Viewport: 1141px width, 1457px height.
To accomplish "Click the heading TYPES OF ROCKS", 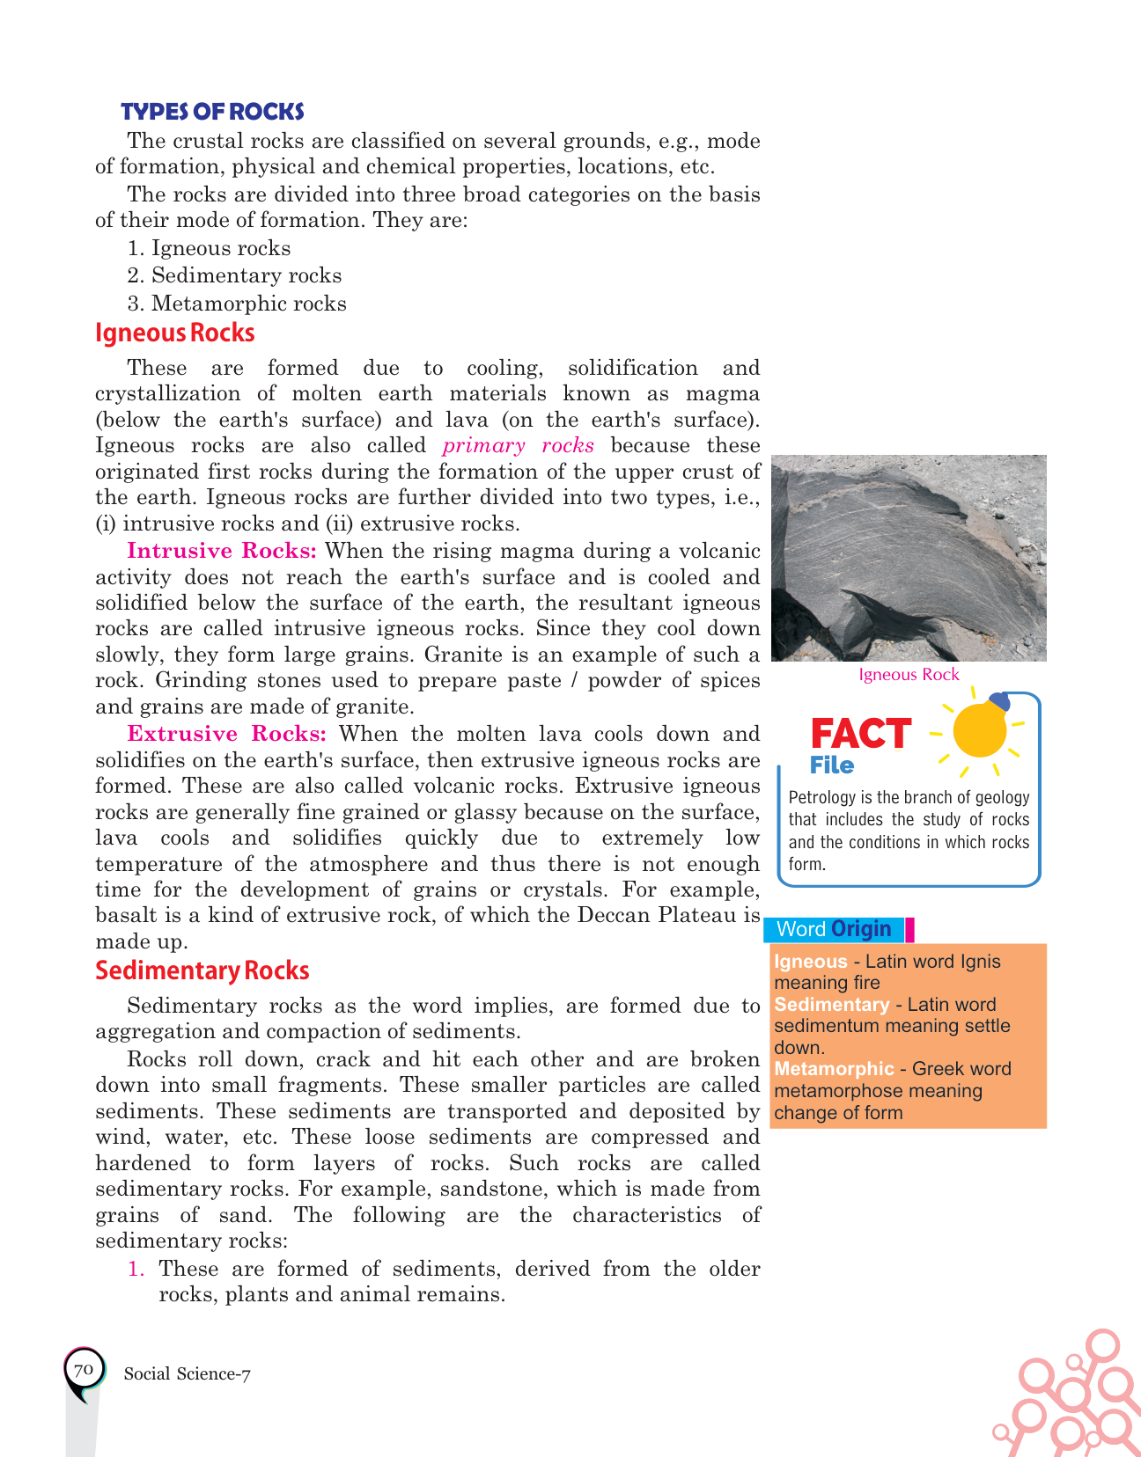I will point(212,112).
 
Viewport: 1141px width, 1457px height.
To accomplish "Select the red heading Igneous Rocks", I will point(174,333).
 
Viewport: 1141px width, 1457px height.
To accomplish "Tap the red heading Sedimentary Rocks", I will point(202,971).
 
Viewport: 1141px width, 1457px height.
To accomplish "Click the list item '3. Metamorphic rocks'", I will point(237,304).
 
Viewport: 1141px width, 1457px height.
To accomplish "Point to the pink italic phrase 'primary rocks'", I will point(519,445).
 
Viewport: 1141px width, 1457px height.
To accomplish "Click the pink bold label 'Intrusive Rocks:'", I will point(221,551).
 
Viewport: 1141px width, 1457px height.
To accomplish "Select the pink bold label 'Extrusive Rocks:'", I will point(226,734).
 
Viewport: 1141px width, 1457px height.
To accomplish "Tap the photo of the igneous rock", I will point(909,557).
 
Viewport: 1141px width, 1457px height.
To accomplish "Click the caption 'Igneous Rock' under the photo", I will point(909,675).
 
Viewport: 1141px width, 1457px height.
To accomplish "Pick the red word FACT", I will point(860,734).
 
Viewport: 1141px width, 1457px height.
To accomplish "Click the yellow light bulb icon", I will point(980,728).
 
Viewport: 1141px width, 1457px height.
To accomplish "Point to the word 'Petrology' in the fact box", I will point(821,798).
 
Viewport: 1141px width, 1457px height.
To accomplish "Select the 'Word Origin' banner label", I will point(834,929).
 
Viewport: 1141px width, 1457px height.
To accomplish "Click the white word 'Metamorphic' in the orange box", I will point(834,1069).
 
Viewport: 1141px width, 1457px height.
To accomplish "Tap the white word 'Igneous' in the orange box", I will point(810,962).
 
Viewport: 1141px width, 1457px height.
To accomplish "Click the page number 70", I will point(84,1371).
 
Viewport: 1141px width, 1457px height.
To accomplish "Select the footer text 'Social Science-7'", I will point(188,1374).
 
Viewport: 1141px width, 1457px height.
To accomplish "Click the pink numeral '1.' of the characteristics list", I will point(136,1269).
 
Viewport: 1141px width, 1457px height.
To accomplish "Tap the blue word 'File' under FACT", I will point(832,765).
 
